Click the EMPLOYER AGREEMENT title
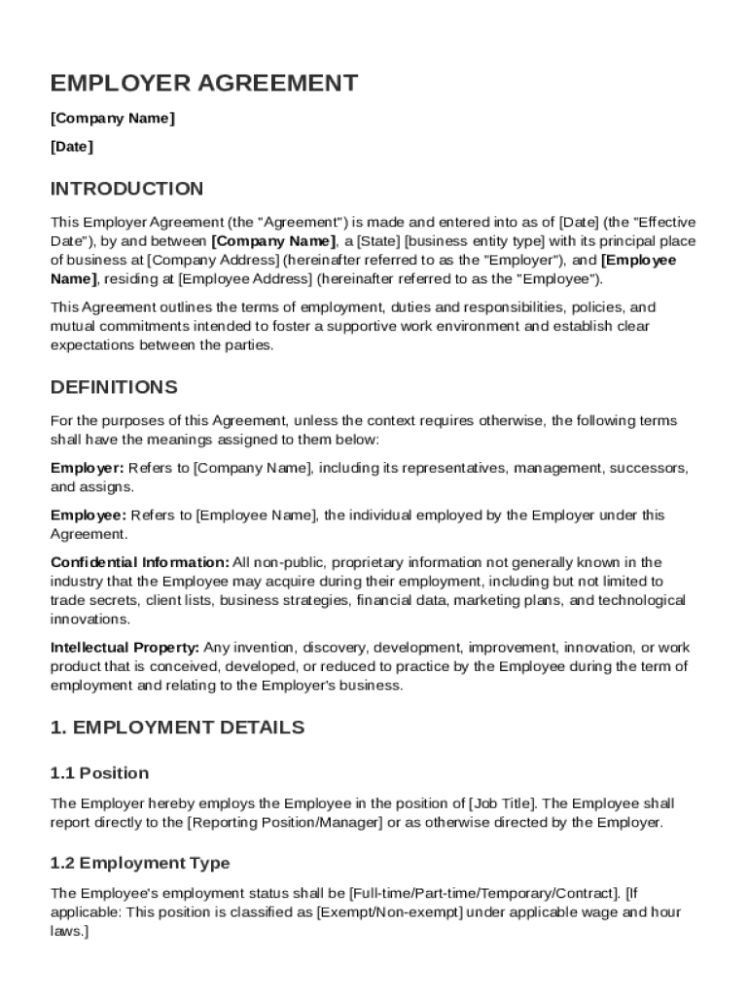pos(204,84)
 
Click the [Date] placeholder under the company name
pos(72,147)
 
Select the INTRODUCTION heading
pos(127,189)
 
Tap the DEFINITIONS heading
pos(114,387)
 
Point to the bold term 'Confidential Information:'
pos(140,562)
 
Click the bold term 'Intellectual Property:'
pos(125,647)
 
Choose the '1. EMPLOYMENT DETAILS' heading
pos(177,728)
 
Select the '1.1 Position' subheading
pos(100,773)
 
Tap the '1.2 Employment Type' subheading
pos(140,863)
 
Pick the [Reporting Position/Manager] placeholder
pos(285,823)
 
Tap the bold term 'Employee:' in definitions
pos(89,515)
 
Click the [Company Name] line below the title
pos(113,119)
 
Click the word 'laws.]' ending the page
pos(69,932)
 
